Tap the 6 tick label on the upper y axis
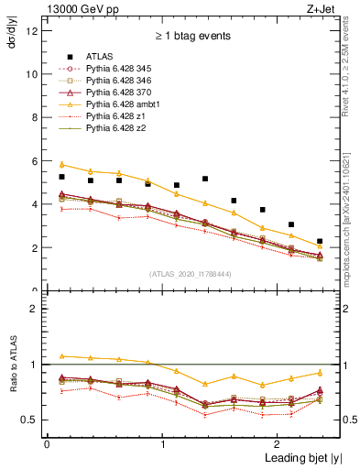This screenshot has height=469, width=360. tap(34, 161)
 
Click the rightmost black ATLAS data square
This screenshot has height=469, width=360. tap(320, 242)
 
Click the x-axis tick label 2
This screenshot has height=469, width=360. tap(278, 444)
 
